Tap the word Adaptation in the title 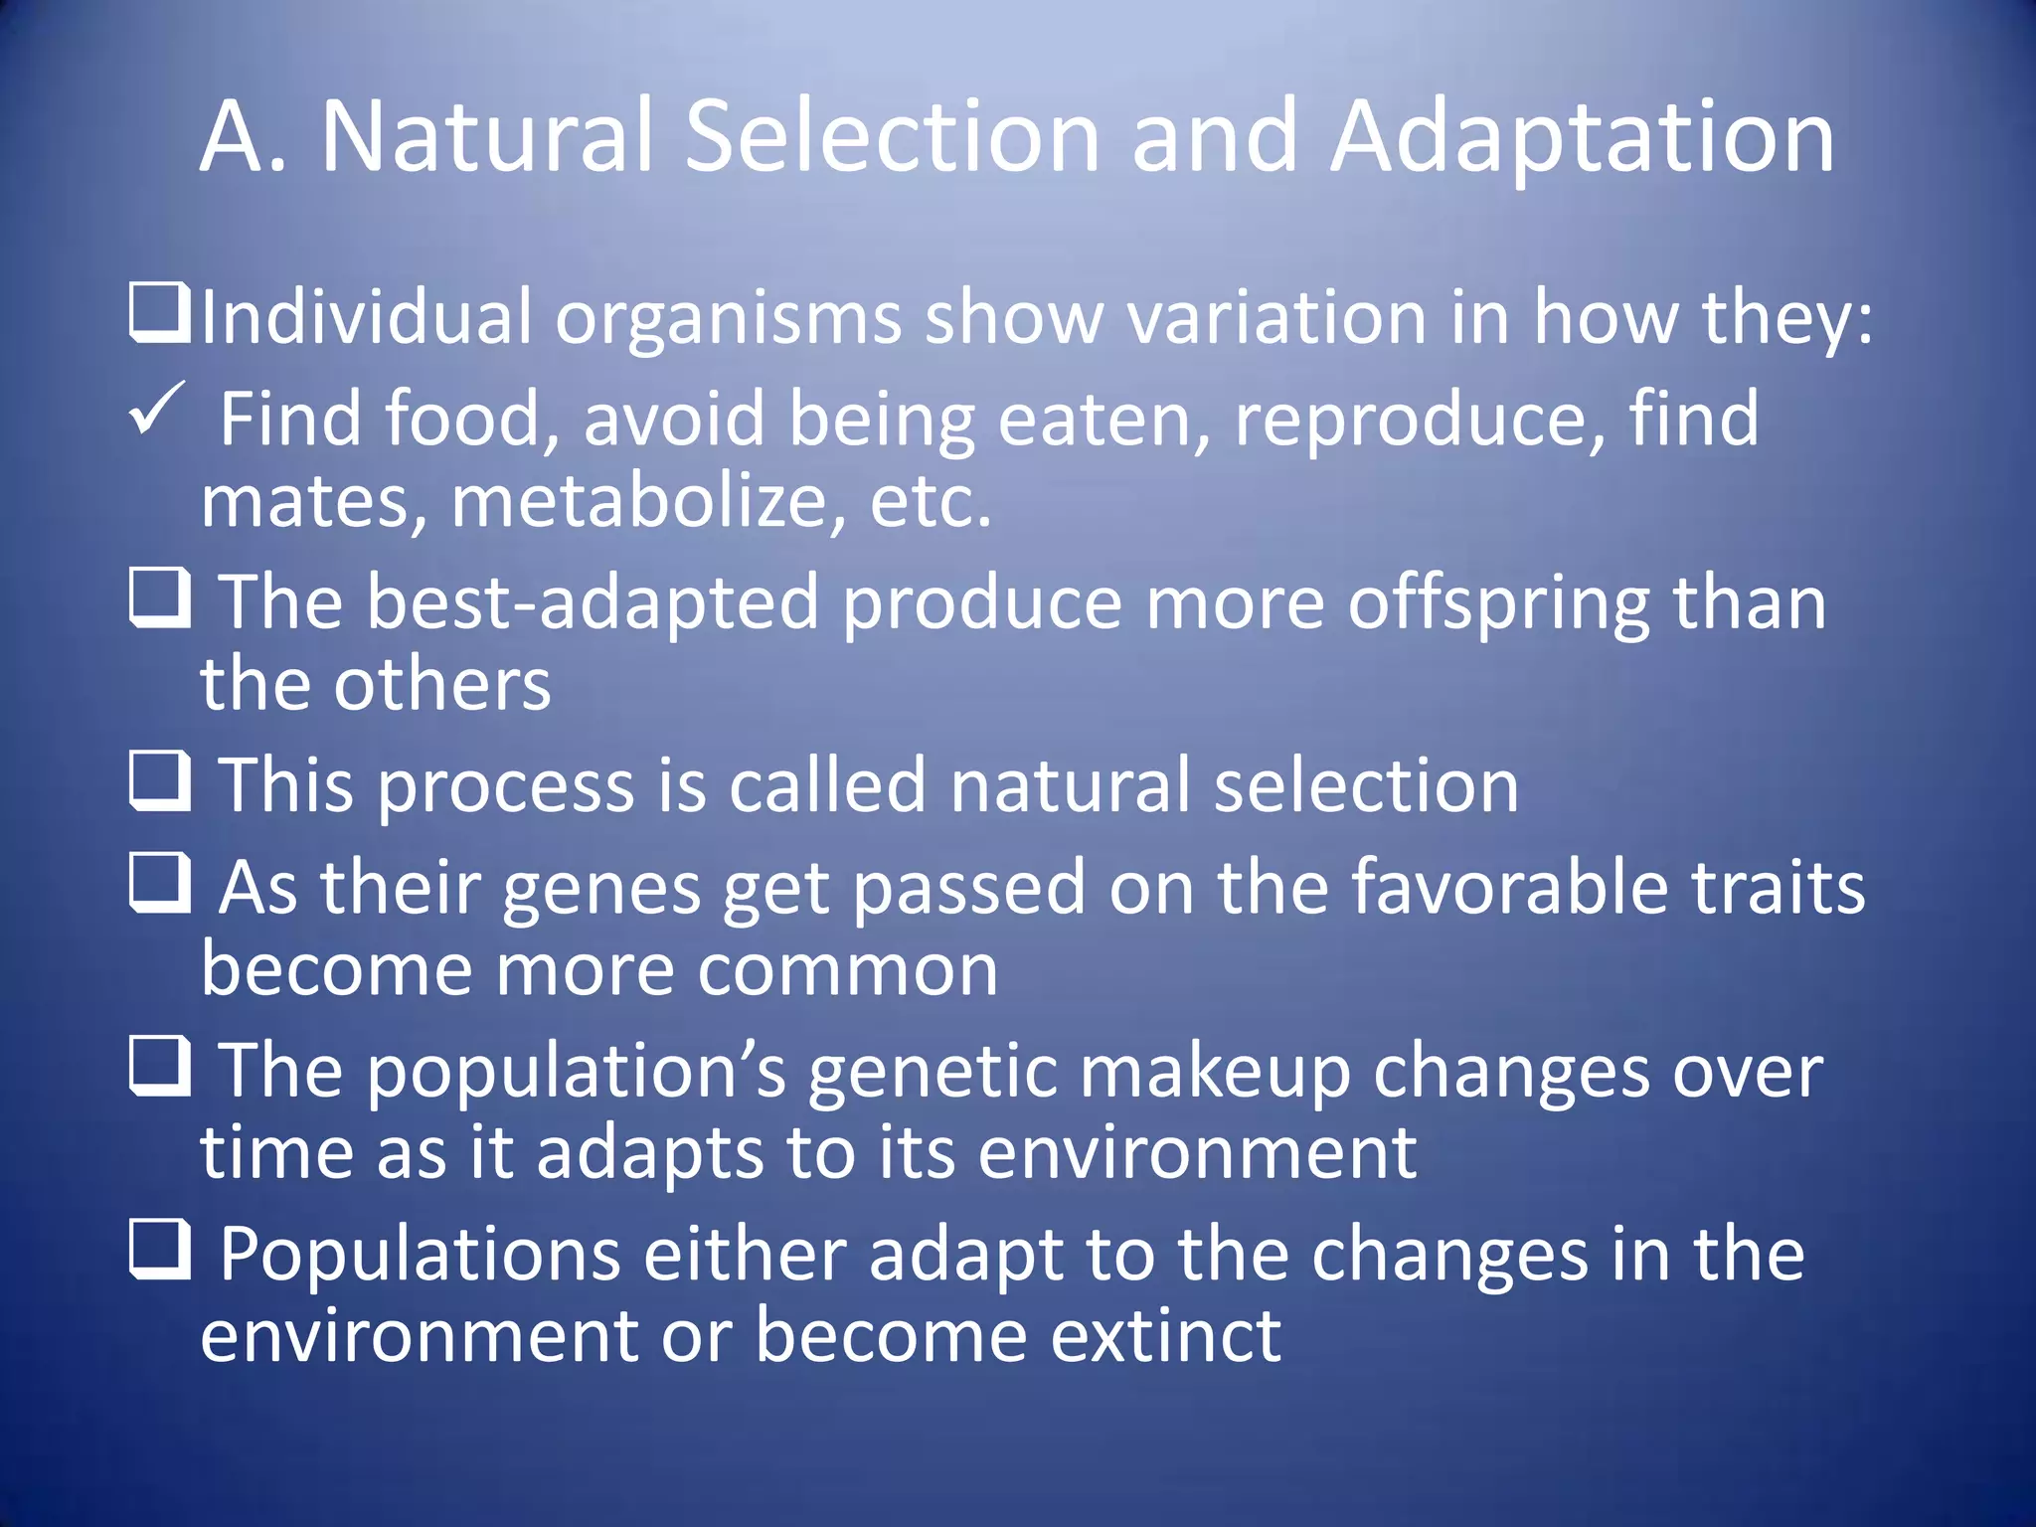(x=1583, y=139)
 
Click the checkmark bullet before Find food (x=156, y=409)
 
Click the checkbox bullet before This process (x=160, y=781)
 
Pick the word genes (x=601, y=889)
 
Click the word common (x=847, y=970)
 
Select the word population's (x=577, y=1073)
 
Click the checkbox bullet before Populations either (x=160, y=1250)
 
